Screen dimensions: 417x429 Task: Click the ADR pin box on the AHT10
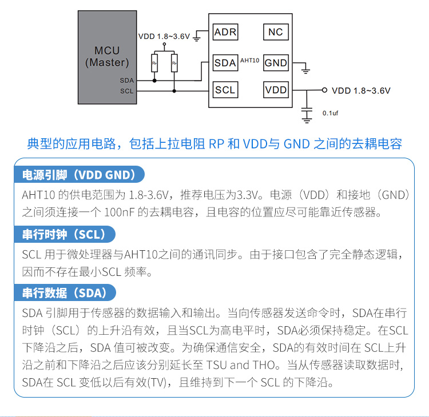[x=225, y=33]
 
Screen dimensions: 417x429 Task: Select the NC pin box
[x=276, y=33]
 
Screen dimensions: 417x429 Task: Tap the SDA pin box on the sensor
[x=225, y=63]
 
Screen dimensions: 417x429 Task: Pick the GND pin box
[x=276, y=63]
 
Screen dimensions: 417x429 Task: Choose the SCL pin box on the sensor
[x=225, y=90]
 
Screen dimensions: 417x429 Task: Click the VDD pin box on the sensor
[x=276, y=90]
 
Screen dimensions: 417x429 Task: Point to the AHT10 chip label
[x=250, y=59]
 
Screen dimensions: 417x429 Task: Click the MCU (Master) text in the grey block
[x=107, y=57]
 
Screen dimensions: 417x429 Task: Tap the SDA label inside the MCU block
[x=127, y=81]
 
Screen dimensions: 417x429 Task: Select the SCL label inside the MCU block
[x=127, y=91]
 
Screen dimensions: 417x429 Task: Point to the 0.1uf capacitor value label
[x=331, y=113]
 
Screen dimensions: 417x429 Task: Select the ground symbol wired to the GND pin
[x=305, y=71]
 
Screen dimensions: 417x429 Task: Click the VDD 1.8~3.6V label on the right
[x=361, y=90]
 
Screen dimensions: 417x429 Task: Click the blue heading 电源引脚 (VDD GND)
[x=79, y=175]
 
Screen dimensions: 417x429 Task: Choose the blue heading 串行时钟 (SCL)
[x=64, y=234]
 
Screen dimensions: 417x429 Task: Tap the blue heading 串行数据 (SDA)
[x=65, y=294]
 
